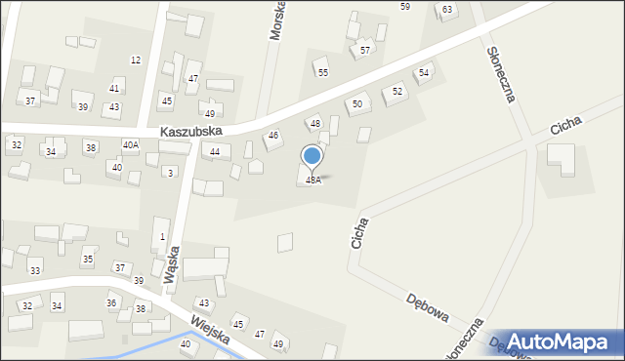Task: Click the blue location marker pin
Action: (312, 156)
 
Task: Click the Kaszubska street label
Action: (192, 131)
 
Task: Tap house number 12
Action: (136, 60)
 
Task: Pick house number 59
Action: (405, 7)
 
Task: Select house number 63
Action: (447, 10)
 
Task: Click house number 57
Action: (365, 50)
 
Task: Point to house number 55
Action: (322, 72)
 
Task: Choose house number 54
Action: (424, 72)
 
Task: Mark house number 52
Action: (397, 91)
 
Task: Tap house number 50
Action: (357, 103)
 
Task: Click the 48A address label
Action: (313, 180)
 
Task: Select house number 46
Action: (273, 136)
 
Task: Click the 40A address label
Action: (130, 144)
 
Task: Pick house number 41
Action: (114, 89)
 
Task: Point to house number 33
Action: (35, 270)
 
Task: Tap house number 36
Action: (111, 303)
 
